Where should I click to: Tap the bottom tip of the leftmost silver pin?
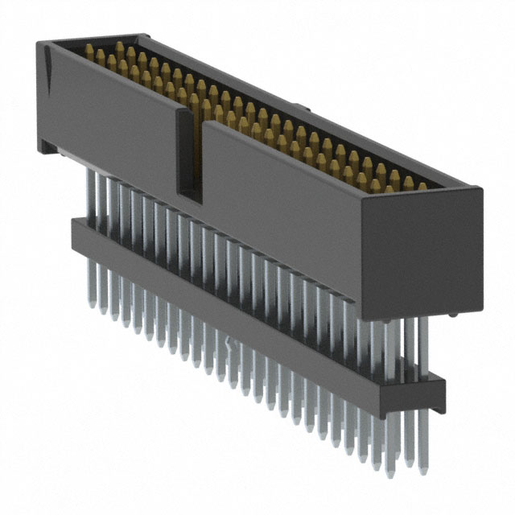91,305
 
